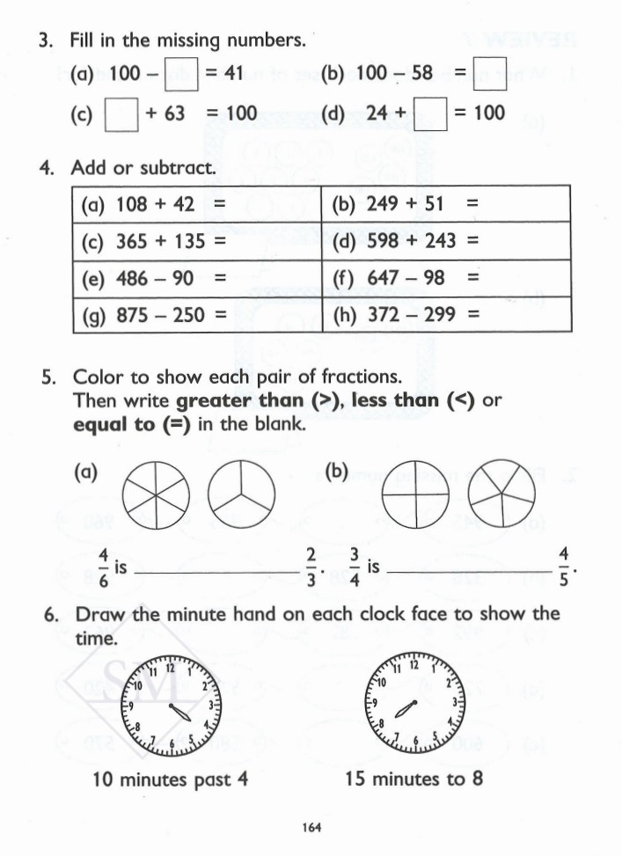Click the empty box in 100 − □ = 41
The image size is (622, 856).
tap(181, 74)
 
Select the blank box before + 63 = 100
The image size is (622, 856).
tap(121, 114)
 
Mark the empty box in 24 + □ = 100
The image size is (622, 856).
tap(431, 114)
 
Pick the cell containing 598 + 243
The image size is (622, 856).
tap(447, 241)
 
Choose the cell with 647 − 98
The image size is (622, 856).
tap(447, 278)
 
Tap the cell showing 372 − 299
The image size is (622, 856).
tap(447, 314)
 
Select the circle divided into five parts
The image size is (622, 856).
tap(499, 494)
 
